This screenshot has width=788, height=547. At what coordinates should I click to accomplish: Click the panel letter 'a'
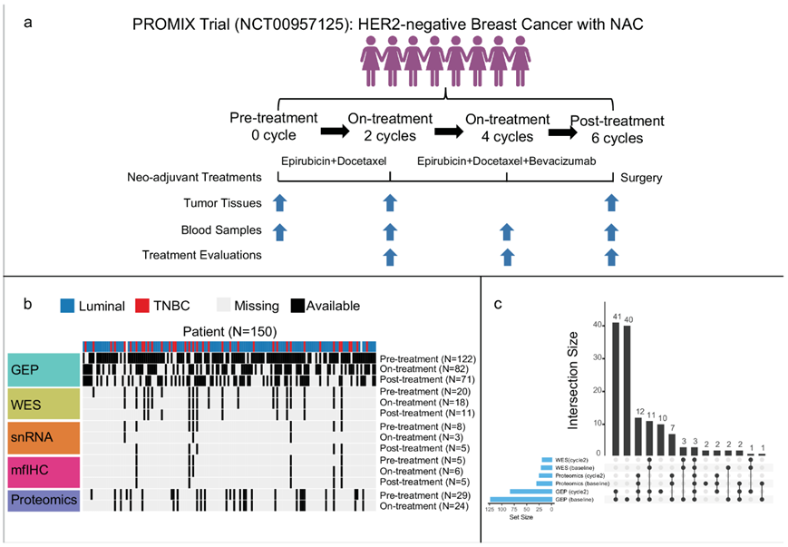(29, 22)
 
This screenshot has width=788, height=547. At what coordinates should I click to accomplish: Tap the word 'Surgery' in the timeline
(641, 178)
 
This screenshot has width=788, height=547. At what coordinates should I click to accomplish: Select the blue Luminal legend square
(68, 306)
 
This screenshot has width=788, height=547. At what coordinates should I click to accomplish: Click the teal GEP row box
(44, 370)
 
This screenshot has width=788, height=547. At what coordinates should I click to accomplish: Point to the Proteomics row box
(44, 501)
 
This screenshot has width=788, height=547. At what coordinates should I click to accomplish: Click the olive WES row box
(44, 405)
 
